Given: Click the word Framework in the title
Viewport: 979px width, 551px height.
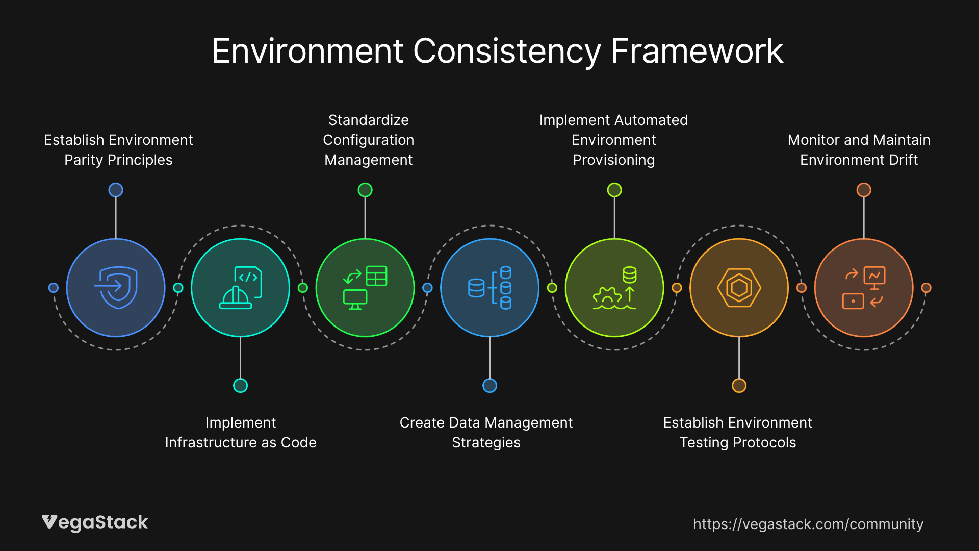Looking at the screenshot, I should pos(697,51).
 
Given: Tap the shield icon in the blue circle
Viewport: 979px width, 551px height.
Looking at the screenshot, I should pos(116,288).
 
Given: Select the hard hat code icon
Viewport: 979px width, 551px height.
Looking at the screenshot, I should pos(241,288).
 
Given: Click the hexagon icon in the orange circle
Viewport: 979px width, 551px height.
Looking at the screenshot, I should pos(739,288).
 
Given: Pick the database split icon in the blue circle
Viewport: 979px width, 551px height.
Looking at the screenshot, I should pos(489,288).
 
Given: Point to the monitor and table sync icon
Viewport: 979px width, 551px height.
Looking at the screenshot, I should pos(365,288).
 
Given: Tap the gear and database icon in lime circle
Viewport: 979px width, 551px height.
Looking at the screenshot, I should pos(614,288).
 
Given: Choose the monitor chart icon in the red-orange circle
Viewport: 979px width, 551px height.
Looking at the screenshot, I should pos(864,288).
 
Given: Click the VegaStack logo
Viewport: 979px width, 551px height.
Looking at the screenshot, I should pos(95,523).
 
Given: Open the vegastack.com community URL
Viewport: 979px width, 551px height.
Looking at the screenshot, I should pos(808,524).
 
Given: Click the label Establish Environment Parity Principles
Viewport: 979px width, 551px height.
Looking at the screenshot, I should pos(118,150).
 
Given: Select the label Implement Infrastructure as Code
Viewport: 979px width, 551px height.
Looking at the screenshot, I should pos(241,433).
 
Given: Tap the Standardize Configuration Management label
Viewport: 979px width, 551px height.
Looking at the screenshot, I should pos(369,140).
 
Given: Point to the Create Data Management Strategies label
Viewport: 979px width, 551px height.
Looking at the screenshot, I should pos(486,433).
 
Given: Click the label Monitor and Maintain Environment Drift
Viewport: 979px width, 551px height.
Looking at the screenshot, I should pos(859,150).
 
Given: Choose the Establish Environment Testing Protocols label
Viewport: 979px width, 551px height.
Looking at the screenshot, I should pos(738,433).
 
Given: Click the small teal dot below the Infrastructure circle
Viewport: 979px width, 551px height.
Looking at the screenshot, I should pos(240,386).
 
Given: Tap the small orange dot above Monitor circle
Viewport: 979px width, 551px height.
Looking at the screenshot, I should pos(864,190).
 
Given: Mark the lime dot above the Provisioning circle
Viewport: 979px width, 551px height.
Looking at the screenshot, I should pos(614,190).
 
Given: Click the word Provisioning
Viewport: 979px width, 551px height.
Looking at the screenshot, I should pos(614,160).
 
